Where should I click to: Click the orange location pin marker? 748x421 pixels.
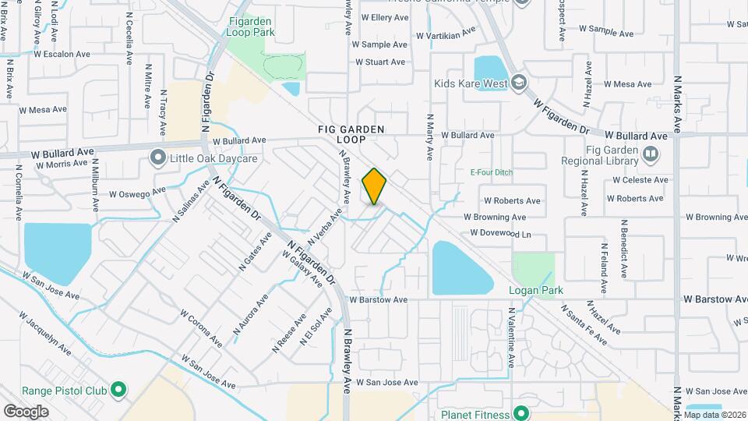[375, 186]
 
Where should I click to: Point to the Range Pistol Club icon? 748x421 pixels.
[118, 388]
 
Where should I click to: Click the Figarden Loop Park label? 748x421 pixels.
[251, 28]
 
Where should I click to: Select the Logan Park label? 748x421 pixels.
[536, 291]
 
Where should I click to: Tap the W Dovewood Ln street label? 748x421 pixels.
[500, 233]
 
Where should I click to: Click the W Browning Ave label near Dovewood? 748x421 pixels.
[495, 217]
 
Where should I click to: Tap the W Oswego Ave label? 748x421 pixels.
[137, 192]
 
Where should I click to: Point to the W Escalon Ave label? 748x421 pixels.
[69, 54]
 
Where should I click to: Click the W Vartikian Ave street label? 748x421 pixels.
[445, 35]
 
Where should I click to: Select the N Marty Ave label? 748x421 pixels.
[429, 136]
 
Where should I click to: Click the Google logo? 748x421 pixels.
[26, 411]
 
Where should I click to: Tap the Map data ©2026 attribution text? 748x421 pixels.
[714, 415]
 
